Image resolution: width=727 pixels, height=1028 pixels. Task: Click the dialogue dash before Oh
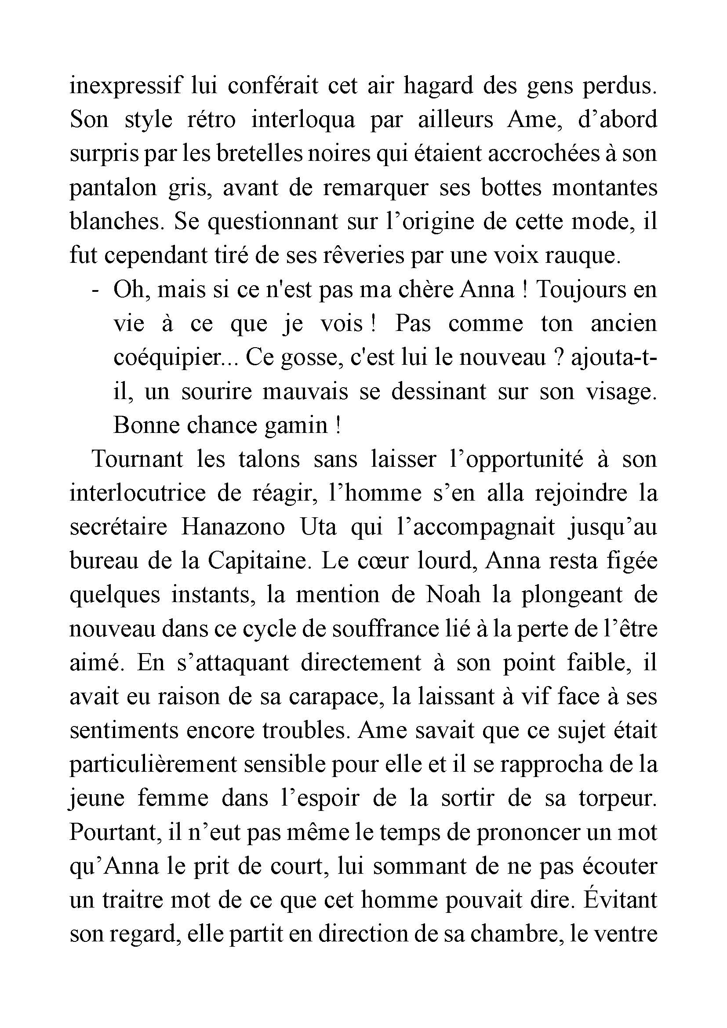tap(95, 290)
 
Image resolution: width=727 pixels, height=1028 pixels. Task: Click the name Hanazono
tap(233, 527)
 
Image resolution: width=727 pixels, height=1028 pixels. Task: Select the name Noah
tap(453, 595)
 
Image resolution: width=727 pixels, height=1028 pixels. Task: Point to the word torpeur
tap(618, 799)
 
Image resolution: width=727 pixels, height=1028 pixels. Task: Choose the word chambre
tap(508, 934)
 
